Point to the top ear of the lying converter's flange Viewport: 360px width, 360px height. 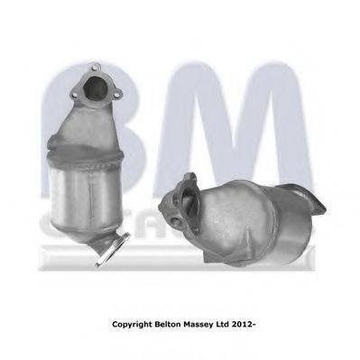(188, 179)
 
